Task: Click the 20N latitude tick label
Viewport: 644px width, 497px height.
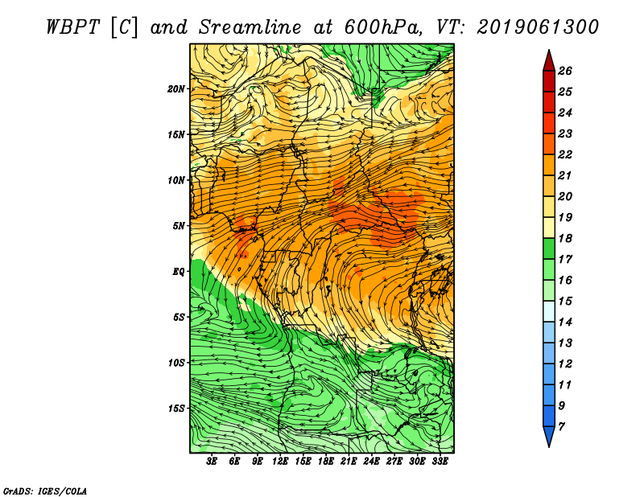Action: pyautogui.click(x=175, y=89)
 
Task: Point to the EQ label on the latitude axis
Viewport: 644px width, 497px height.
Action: pyautogui.click(x=178, y=272)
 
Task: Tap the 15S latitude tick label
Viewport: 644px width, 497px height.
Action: pyautogui.click(x=175, y=409)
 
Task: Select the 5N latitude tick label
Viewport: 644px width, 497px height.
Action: pyautogui.click(x=178, y=226)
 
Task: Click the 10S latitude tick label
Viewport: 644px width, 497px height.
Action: pyautogui.click(x=175, y=363)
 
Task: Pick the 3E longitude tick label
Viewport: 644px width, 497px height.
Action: pyautogui.click(x=212, y=462)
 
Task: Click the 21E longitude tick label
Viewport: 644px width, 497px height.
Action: pyautogui.click(x=349, y=462)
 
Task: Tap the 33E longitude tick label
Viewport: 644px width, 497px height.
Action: pyautogui.click(x=440, y=462)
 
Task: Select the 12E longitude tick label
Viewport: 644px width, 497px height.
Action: pyautogui.click(x=279, y=462)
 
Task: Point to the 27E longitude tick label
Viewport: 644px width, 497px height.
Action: pyautogui.click(x=394, y=462)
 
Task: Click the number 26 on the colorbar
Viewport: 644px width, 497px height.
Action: pyautogui.click(x=565, y=71)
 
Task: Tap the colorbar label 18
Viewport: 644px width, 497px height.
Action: pyautogui.click(x=565, y=238)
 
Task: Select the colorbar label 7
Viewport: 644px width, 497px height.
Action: pyautogui.click(x=561, y=427)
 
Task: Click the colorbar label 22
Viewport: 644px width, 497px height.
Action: pyautogui.click(x=565, y=154)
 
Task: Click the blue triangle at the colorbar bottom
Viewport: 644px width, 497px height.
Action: pyautogui.click(x=549, y=436)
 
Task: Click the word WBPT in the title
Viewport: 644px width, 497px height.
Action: pyautogui.click(x=73, y=27)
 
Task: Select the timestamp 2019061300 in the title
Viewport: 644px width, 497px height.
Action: pyautogui.click(x=538, y=27)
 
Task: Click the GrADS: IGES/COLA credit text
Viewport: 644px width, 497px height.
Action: pyautogui.click(x=45, y=491)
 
